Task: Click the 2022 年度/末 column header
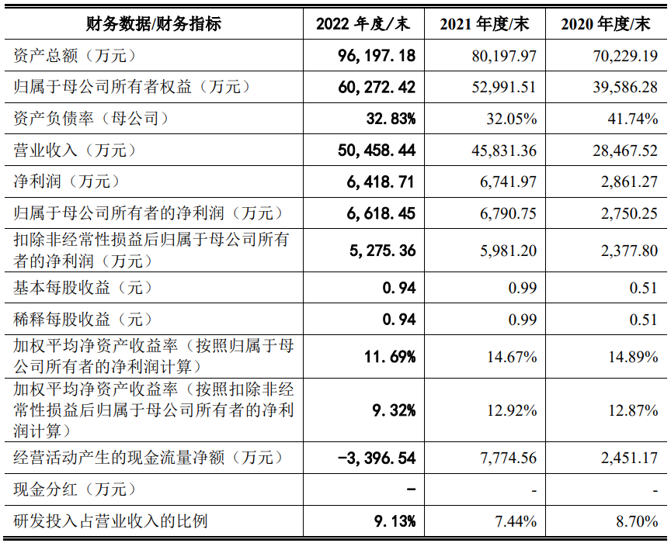coord(363,24)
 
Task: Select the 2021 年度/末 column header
coord(485,24)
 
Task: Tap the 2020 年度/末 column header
coord(606,24)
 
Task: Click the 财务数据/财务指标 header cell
coord(154,24)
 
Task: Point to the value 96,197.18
coord(377,56)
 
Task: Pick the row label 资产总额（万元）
coord(75,56)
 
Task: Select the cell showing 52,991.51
coord(504,87)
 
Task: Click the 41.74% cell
coord(632,119)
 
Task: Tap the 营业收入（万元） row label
coord(75,150)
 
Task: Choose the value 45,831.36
coord(504,150)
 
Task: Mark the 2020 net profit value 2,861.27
coord(629,182)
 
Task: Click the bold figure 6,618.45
coord(381,213)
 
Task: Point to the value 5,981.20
coord(508,251)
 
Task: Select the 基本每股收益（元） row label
coord(83,288)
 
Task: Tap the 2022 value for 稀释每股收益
coord(399,320)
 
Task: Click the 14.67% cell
coord(512,357)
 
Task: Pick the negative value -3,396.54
coord(377,458)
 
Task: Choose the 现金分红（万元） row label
coord(75,489)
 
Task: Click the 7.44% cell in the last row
coord(516,521)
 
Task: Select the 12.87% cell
coord(634,410)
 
